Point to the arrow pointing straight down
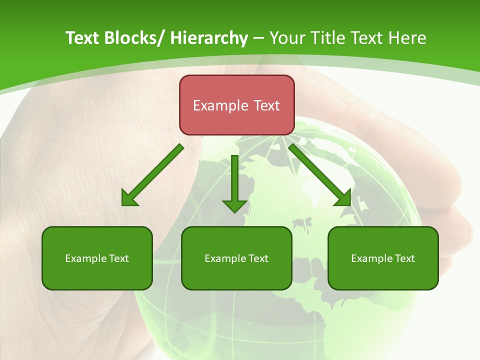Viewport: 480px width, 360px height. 234,182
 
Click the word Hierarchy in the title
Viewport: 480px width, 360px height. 208,38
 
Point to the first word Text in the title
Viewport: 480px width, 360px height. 82,38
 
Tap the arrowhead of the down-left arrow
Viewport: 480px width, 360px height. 129,198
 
